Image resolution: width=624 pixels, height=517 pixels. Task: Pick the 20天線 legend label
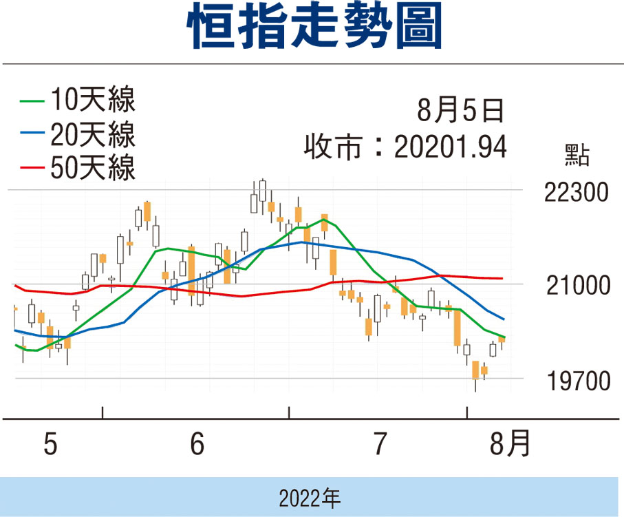(x=92, y=134)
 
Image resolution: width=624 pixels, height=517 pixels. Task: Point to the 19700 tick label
(x=576, y=380)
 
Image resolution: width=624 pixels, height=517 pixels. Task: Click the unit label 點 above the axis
(x=577, y=156)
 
